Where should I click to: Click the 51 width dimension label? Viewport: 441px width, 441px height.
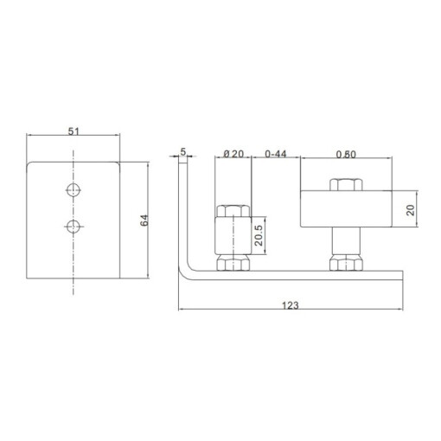73,131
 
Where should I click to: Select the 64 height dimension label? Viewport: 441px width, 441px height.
144,220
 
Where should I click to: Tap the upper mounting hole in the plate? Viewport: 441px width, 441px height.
73,189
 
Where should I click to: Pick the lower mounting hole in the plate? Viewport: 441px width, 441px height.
73,227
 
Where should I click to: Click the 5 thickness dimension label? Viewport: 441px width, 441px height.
183,151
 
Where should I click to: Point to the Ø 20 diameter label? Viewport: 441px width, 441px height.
233,154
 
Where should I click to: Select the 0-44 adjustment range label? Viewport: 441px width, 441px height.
276,154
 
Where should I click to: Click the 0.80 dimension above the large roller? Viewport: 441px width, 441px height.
346,155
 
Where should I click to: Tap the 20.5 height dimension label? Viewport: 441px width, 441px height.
259,235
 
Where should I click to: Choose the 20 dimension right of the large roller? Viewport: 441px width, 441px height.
410,210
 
